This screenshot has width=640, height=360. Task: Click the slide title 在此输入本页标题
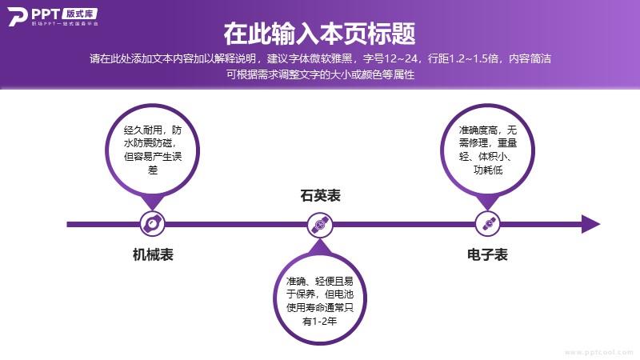(319, 34)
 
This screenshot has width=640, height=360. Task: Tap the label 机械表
(153, 254)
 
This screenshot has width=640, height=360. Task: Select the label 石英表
(321, 195)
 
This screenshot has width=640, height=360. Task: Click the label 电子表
(487, 254)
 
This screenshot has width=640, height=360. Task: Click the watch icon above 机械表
(152, 224)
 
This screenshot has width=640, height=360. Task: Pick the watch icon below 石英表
(320, 225)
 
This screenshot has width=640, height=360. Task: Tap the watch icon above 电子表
(488, 224)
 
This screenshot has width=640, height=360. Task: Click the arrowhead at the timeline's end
(590, 224)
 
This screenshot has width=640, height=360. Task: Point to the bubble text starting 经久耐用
(153, 150)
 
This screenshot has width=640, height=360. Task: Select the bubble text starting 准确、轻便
(320, 301)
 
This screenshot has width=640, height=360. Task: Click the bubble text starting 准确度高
(488, 150)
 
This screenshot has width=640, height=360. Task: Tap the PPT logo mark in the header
(18, 17)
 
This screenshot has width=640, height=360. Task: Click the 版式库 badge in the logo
(80, 14)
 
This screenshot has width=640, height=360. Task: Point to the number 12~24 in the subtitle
(402, 58)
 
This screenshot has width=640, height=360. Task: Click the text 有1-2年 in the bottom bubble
(320, 322)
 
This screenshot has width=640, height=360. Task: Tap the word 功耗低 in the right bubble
(488, 170)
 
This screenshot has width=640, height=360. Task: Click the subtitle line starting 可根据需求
(321, 74)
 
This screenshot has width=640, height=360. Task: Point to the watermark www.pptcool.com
(599, 352)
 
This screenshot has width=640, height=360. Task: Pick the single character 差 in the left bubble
(153, 170)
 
